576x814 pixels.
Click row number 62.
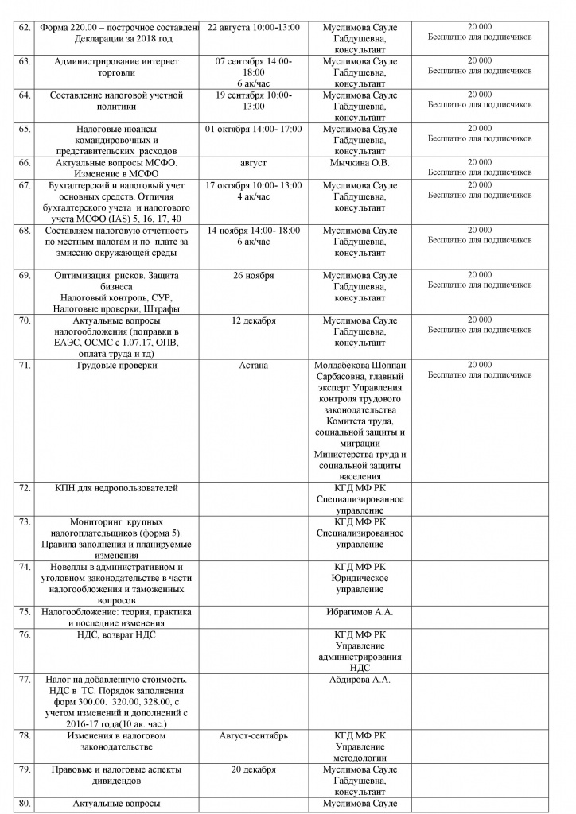(x=24, y=27)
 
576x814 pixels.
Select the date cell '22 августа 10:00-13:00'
(x=253, y=27)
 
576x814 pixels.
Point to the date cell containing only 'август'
(x=253, y=162)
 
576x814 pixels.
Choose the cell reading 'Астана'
(x=253, y=365)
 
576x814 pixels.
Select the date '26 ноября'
(x=253, y=275)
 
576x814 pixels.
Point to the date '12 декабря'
(x=253, y=320)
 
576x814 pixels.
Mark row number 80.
(x=24, y=804)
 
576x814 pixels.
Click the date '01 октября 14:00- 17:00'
(x=253, y=128)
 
